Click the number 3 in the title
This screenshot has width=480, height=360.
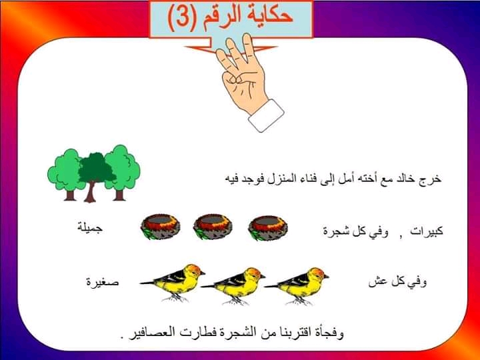[x=181, y=18]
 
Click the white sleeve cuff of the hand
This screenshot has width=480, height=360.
[x=266, y=116]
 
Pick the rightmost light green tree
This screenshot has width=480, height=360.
[x=123, y=172]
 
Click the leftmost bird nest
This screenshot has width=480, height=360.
[x=160, y=227]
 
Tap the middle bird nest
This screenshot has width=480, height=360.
[x=213, y=227]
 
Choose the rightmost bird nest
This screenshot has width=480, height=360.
[x=267, y=227]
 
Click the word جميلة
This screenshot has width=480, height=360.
[x=90, y=229]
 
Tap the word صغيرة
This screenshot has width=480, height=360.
[x=102, y=281]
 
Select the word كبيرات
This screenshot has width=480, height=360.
[x=427, y=231]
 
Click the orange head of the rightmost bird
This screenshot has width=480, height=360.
[x=317, y=273]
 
